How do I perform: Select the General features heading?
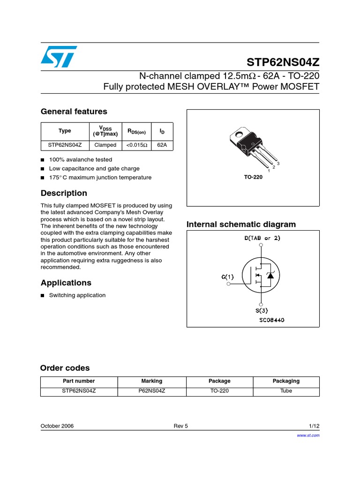[74, 112]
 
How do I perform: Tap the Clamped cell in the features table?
[105, 145]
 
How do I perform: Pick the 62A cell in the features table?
[162, 145]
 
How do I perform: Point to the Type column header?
[65, 131]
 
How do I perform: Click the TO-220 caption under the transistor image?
[253, 178]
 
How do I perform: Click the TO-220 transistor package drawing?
[251, 145]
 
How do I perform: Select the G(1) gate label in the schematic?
[228, 277]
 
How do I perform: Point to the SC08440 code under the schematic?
[271, 320]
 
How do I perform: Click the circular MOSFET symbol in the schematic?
[259, 277]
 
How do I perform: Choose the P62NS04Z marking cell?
[151, 391]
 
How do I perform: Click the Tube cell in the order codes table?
[286, 391]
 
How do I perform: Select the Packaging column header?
[286, 381]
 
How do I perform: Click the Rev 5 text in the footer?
[180, 426]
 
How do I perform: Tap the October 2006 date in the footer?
[57, 426]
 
